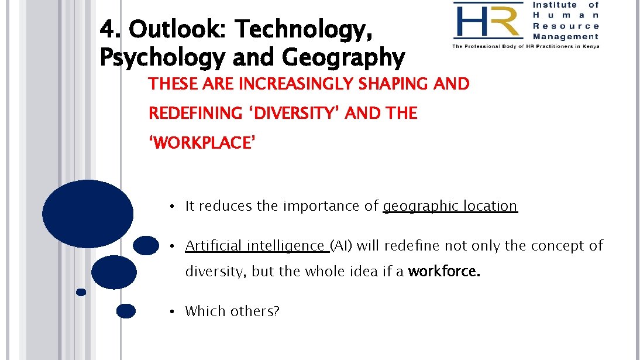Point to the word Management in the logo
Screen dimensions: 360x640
566,36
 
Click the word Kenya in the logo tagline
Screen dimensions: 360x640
589,46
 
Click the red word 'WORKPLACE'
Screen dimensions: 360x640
202,142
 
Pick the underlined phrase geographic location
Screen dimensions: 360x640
450,206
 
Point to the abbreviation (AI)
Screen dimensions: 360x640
342,246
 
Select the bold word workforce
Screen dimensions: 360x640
444,272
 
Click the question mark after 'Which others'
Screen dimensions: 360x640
276,311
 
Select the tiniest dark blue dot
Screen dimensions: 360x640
81,292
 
